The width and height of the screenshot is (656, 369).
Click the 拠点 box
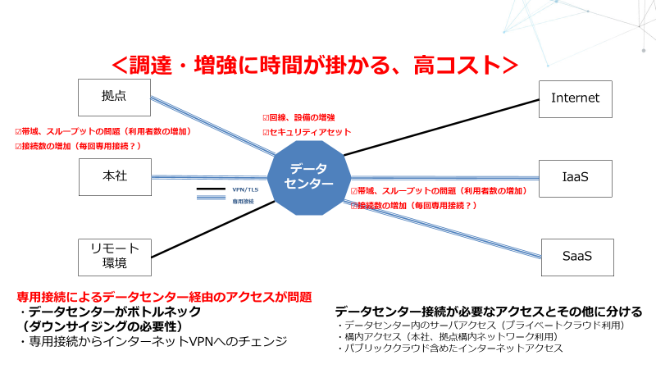(x=115, y=97)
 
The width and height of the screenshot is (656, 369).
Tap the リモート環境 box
(x=115, y=256)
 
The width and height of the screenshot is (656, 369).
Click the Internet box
(x=576, y=98)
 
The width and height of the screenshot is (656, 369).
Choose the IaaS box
(x=576, y=176)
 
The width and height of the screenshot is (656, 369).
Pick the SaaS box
(x=576, y=256)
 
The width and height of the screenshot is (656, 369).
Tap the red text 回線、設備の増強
(x=302, y=118)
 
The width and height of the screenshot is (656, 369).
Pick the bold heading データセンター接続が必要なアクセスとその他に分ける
(x=488, y=312)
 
